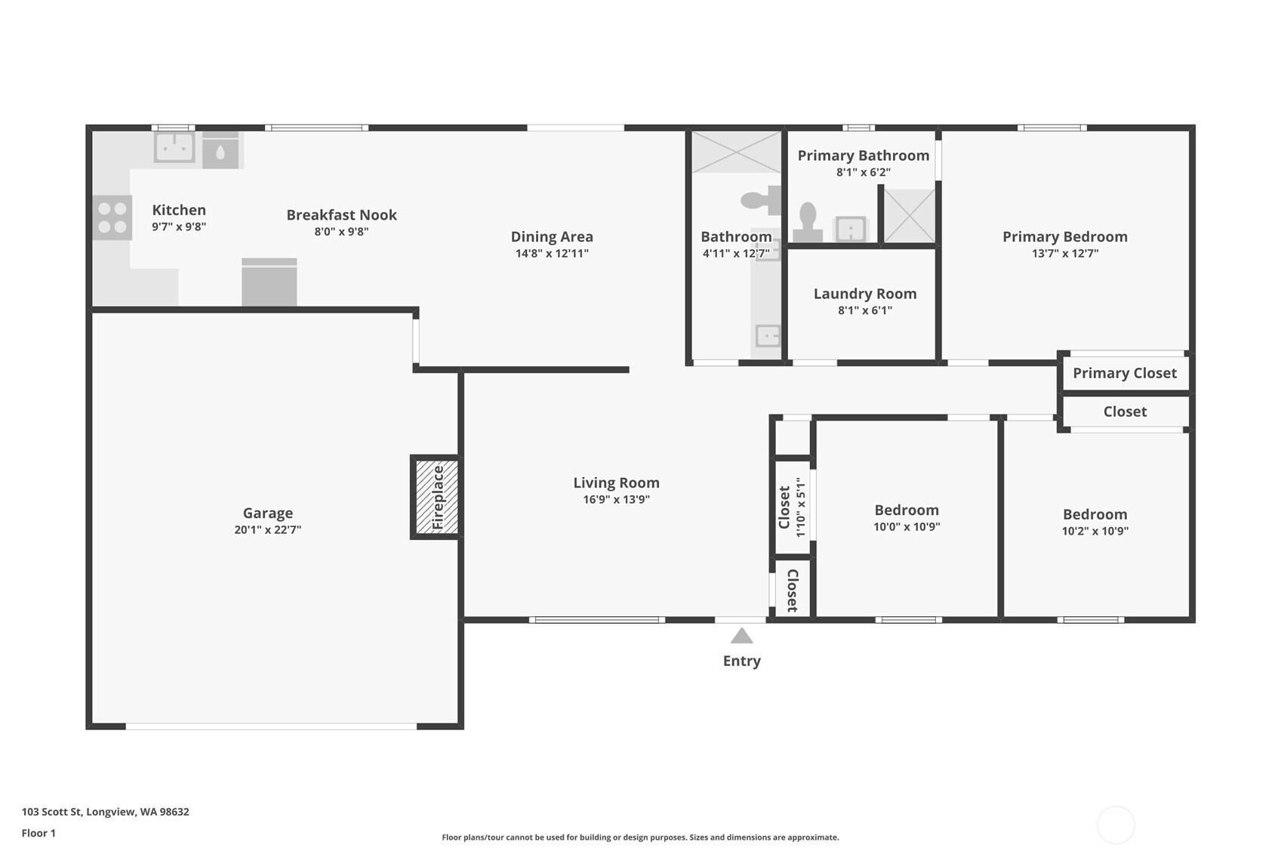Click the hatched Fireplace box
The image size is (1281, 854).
436,497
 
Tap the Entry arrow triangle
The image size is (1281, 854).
741,636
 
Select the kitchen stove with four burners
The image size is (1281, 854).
112,217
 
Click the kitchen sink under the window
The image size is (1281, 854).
174,147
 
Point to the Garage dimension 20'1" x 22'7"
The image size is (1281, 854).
268,529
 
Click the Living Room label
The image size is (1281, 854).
617,482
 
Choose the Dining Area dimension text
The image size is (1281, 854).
552,254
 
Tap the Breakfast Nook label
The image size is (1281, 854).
341,215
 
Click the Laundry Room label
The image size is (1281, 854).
865,294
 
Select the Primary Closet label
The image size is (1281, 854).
1125,374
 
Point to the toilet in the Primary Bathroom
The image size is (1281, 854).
808,222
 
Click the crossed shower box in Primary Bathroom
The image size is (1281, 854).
910,216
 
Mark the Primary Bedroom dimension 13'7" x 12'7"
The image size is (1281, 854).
1065,254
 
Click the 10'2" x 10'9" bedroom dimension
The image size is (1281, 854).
1095,531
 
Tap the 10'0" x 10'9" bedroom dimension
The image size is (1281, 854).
907,527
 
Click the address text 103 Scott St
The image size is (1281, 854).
52,812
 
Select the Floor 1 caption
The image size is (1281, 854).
39,834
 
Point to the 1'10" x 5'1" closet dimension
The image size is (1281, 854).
801,507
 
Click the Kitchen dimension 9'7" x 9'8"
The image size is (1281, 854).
179,227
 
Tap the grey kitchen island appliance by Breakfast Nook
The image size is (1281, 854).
269,282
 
